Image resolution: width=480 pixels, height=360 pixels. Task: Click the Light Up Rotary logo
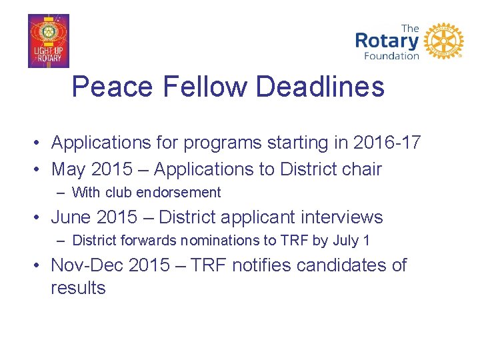click(x=48, y=41)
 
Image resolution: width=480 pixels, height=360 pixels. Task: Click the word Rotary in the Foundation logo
click(x=387, y=41)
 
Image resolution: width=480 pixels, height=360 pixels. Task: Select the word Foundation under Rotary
click(x=391, y=56)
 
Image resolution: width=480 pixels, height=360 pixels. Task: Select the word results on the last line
click(x=78, y=288)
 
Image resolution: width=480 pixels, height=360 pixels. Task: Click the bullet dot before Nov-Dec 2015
click(x=40, y=265)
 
